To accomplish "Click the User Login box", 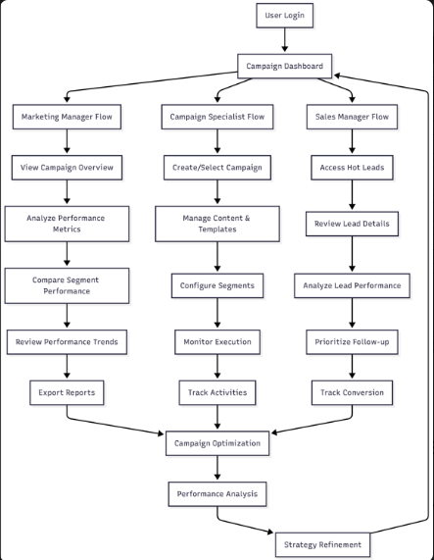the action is (x=284, y=16).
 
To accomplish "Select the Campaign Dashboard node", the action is (x=284, y=66).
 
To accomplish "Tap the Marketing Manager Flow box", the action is (x=67, y=117).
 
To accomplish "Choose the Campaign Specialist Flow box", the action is (x=217, y=117).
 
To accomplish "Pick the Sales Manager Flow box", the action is (x=352, y=117).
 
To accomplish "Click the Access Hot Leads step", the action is (x=352, y=168).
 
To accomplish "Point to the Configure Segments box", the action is (x=217, y=285).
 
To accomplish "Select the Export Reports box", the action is (x=67, y=392).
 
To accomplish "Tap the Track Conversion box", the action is (x=352, y=392).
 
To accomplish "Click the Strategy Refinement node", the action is (x=322, y=544).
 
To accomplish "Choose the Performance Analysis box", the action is (x=217, y=494).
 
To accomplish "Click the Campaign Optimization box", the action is (x=217, y=443).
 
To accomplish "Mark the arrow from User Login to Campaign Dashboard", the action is (x=284, y=39).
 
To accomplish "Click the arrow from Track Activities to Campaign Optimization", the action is (x=217, y=417).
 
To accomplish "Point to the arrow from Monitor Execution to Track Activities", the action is (x=217, y=367).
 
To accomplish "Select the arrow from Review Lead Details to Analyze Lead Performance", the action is (x=352, y=254).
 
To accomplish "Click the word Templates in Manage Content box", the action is (x=217, y=229).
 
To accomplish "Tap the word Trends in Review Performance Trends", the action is (x=106, y=341).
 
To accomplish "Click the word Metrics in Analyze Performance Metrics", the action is (x=67, y=229).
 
